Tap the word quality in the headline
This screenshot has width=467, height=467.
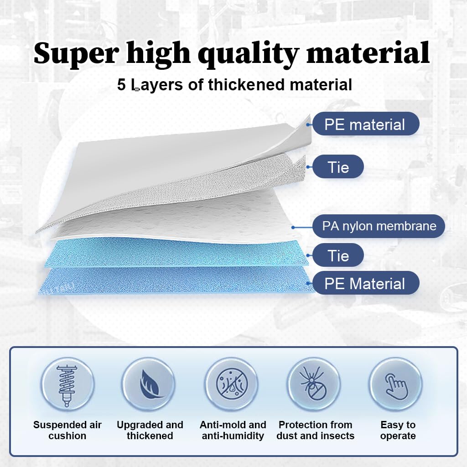coord(249,54)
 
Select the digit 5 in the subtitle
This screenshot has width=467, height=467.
coord(121,84)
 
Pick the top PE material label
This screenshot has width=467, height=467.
coord(366,124)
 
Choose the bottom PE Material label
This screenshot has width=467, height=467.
coord(366,283)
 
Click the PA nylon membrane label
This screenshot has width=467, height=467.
coord(379,226)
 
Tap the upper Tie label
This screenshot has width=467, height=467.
coord(338,167)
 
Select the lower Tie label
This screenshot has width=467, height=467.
coord(338,255)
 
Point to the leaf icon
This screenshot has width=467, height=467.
coord(150,384)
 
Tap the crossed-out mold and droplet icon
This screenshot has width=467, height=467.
coord(232,384)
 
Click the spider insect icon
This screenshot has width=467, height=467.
coord(313,384)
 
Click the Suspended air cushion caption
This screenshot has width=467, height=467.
coord(67,430)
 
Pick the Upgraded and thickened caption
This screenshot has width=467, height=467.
coord(150,430)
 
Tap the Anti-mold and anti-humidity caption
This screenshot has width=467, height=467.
coord(233,430)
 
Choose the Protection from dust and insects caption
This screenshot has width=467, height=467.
coord(316,430)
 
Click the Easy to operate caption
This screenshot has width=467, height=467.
coord(398,430)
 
